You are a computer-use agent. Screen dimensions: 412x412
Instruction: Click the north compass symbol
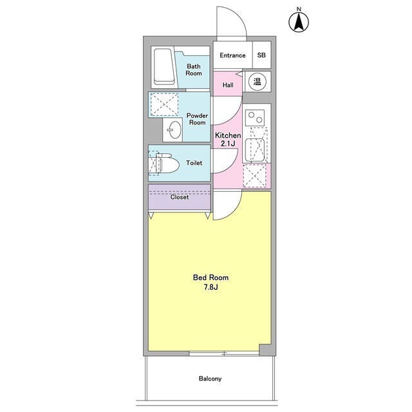[299, 20]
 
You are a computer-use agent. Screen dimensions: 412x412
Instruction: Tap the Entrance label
[232, 55]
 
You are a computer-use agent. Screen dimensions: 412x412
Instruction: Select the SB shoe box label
[261, 55]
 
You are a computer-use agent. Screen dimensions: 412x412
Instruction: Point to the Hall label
[228, 85]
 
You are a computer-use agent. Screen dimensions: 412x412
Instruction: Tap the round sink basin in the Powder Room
[173, 131]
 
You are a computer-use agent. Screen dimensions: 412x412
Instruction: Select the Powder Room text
[196, 119]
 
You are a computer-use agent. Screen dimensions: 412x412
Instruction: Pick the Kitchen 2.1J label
[227, 140]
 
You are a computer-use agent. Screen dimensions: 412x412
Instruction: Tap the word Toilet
[194, 164]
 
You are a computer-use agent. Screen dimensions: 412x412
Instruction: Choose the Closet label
[180, 198]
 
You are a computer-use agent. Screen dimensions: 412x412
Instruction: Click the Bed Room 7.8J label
[211, 282]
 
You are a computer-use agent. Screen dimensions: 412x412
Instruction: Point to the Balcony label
[210, 379]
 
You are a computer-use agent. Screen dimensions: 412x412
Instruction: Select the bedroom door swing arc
[228, 205]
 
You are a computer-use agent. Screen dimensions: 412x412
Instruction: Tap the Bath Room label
[194, 70]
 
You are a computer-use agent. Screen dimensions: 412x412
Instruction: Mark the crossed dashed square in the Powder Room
[163, 103]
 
